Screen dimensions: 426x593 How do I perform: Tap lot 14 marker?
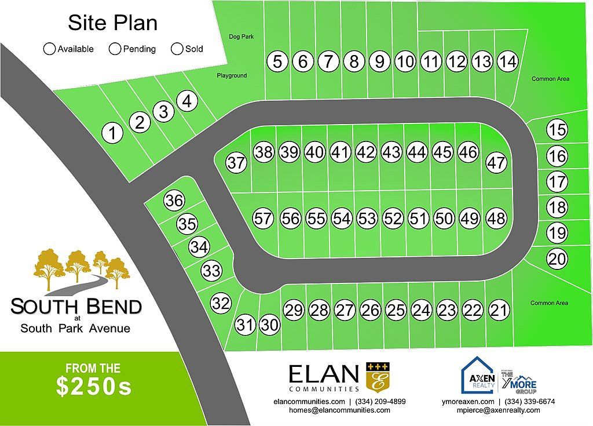point(507,61)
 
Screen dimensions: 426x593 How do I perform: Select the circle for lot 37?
point(236,162)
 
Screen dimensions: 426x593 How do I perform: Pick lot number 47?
point(496,162)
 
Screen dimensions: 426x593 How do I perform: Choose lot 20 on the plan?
point(557,258)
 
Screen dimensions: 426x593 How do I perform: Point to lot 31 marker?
point(246,325)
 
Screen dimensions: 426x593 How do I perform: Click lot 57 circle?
point(263,219)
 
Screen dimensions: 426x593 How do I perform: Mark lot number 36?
point(174,201)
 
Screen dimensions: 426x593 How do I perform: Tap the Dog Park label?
point(241,37)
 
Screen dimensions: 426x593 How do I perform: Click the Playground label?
point(232,75)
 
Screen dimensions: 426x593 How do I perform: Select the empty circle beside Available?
point(50,49)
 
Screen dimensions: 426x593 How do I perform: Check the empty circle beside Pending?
point(115,49)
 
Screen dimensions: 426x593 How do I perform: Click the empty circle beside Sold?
point(177,49)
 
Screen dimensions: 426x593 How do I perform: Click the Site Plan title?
point(112,23)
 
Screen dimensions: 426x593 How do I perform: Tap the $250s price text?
point(94,387)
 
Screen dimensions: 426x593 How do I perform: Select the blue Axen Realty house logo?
point(477,375)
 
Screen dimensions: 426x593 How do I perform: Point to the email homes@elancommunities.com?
point(339,410)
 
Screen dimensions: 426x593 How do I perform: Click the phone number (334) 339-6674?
point(530,401)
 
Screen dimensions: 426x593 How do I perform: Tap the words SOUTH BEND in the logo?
point(76,306)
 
